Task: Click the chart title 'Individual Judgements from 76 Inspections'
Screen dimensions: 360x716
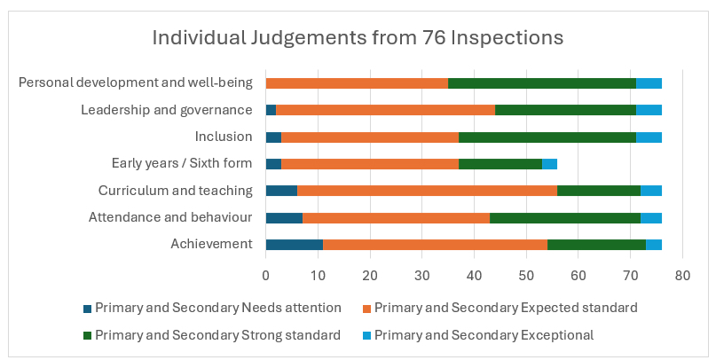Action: click(x=358, y=38)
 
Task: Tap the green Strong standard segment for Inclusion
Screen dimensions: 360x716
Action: click(x=547, y=137)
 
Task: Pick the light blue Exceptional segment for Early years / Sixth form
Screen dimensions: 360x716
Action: click(x=549, y=164)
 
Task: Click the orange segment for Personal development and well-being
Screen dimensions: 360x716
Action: click(x=357, y=83)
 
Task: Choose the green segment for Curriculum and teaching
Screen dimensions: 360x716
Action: click(x=598, y=191)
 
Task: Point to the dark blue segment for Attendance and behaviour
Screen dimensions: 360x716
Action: click(x=284, y=218)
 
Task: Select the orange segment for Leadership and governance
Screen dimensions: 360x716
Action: click(x=385, y=110)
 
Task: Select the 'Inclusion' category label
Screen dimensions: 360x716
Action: click(x=224, y=137)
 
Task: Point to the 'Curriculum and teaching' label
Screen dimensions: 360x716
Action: click(x=176, y=191)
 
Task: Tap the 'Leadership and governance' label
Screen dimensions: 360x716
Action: click(x=167, y=110)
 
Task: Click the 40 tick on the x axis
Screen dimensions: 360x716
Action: click(x=474, y=276)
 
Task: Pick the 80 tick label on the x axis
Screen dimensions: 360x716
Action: click(x=682, y=276)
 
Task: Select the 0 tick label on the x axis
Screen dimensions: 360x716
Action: click(x=266, y=276)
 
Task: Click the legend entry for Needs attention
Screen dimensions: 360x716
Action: click(x=217, y=309)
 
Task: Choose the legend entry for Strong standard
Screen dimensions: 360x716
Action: click(x=217, y=335)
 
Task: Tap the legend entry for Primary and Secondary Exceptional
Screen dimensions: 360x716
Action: click(x=483, y=335)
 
